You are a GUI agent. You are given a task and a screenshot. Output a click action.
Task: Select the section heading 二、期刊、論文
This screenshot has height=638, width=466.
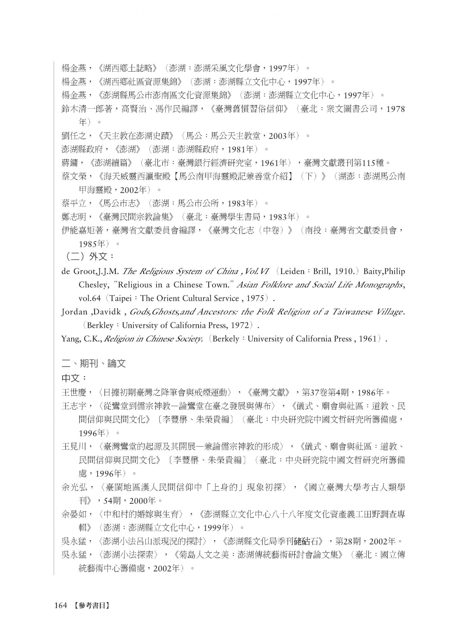point(94,363)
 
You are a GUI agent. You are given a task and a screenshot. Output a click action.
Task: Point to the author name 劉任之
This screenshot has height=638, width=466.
point(73,136)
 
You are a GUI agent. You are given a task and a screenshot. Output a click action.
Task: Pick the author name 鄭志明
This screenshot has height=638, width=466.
point(73,217)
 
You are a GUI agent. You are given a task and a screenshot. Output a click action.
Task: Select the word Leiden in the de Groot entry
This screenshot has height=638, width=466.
point(292,271)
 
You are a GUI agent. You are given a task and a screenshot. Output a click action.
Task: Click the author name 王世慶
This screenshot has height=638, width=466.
point(73,392)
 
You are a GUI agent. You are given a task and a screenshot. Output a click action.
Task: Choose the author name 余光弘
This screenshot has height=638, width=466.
point(73,487)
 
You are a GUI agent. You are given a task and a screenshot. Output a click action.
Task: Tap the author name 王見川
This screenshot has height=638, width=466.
point(73,447)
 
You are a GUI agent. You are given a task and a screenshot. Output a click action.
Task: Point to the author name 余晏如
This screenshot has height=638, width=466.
point(73,514)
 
